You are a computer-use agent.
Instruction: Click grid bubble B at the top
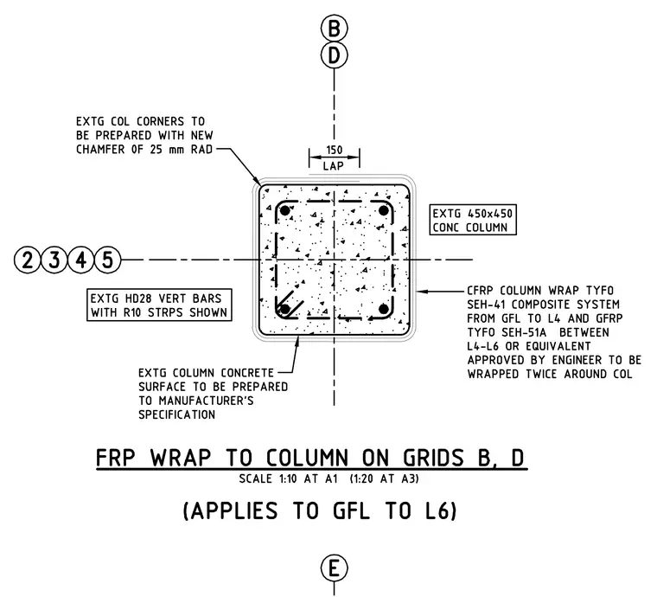[x=334, y=29]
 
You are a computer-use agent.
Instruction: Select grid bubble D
[x=334, y=55]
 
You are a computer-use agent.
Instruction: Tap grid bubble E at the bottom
[x=334, y=569]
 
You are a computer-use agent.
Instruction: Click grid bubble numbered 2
[x=28, y=260]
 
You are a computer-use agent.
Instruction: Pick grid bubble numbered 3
[x=54, y=260]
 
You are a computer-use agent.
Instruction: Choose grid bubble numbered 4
[x=81, y=260]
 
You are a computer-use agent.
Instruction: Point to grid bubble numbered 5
[x=108, y=260]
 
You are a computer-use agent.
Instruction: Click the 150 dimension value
[x=334, y=150]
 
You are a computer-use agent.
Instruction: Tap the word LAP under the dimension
[x=334, y=166]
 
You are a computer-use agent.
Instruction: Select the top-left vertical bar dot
[x=284, y=210]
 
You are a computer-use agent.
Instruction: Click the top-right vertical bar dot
[x=383, y=210]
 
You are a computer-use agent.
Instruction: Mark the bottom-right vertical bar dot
[x=383, y=310]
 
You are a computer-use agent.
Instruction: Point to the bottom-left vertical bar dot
[x=284, y=310]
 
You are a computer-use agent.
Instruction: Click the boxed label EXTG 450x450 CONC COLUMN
[x=473, y=220]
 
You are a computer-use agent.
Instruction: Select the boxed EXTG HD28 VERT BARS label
[x=159, y=305]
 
